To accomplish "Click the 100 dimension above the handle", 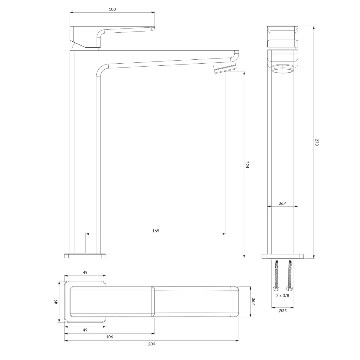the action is (x=112, y=9).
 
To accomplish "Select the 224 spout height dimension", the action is (x=247, y=165).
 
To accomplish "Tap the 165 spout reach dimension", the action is (x=156, y=231).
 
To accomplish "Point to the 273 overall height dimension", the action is (x=317, y=142).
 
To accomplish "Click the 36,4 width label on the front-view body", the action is (x=283, y=203).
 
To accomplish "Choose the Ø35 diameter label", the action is (x=283, y=311).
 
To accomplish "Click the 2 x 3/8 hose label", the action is (x=283, y=301).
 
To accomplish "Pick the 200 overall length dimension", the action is (x=151, y=349).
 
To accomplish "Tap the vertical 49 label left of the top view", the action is (x=56, y=302).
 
